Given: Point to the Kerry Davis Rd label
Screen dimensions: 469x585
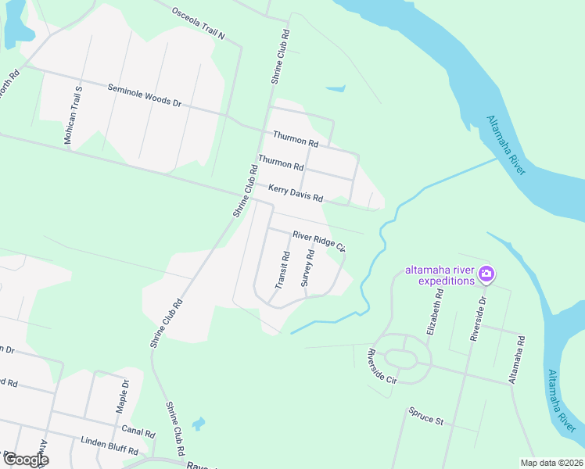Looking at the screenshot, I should tap(296, 193).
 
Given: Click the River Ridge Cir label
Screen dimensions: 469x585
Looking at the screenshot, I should tap(319, 241).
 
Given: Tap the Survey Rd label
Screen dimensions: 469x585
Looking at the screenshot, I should tap(310, 268).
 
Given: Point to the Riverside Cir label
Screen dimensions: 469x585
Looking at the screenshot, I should tap(382, 367).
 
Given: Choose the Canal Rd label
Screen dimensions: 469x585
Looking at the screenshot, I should tap(138, 431).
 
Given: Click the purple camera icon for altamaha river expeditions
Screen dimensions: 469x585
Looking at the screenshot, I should tap(486, 274).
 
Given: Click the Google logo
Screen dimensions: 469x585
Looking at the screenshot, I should tap(25, 459).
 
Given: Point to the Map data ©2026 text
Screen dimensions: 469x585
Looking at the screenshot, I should tap(551, 463).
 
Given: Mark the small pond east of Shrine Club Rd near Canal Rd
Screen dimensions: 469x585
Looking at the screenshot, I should tap(199, 424).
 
